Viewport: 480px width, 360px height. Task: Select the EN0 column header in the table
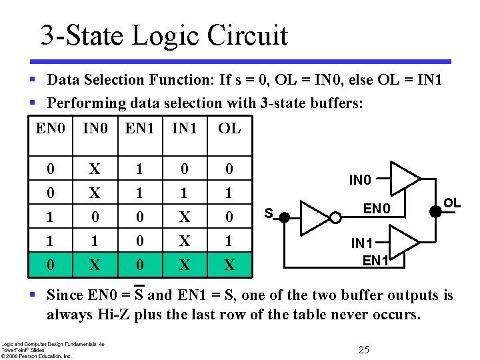point(51,128)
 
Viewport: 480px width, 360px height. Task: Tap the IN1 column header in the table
point(185,128)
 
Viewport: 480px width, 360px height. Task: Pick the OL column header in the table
point(229,128)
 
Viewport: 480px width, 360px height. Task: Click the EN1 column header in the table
point(140,128)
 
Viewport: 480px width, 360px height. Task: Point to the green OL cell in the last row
point(229,265)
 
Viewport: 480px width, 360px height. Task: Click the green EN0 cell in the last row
point(51,265)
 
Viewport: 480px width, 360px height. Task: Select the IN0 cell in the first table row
point(95,169)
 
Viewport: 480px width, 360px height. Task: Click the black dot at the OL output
point(435,210)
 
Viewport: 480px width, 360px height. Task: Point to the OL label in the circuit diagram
point(453,202)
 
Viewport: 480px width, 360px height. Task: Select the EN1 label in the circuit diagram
point(376,261)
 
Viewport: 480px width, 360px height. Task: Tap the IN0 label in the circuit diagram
point(361,179)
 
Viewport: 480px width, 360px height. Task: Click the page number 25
point(363,350)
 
